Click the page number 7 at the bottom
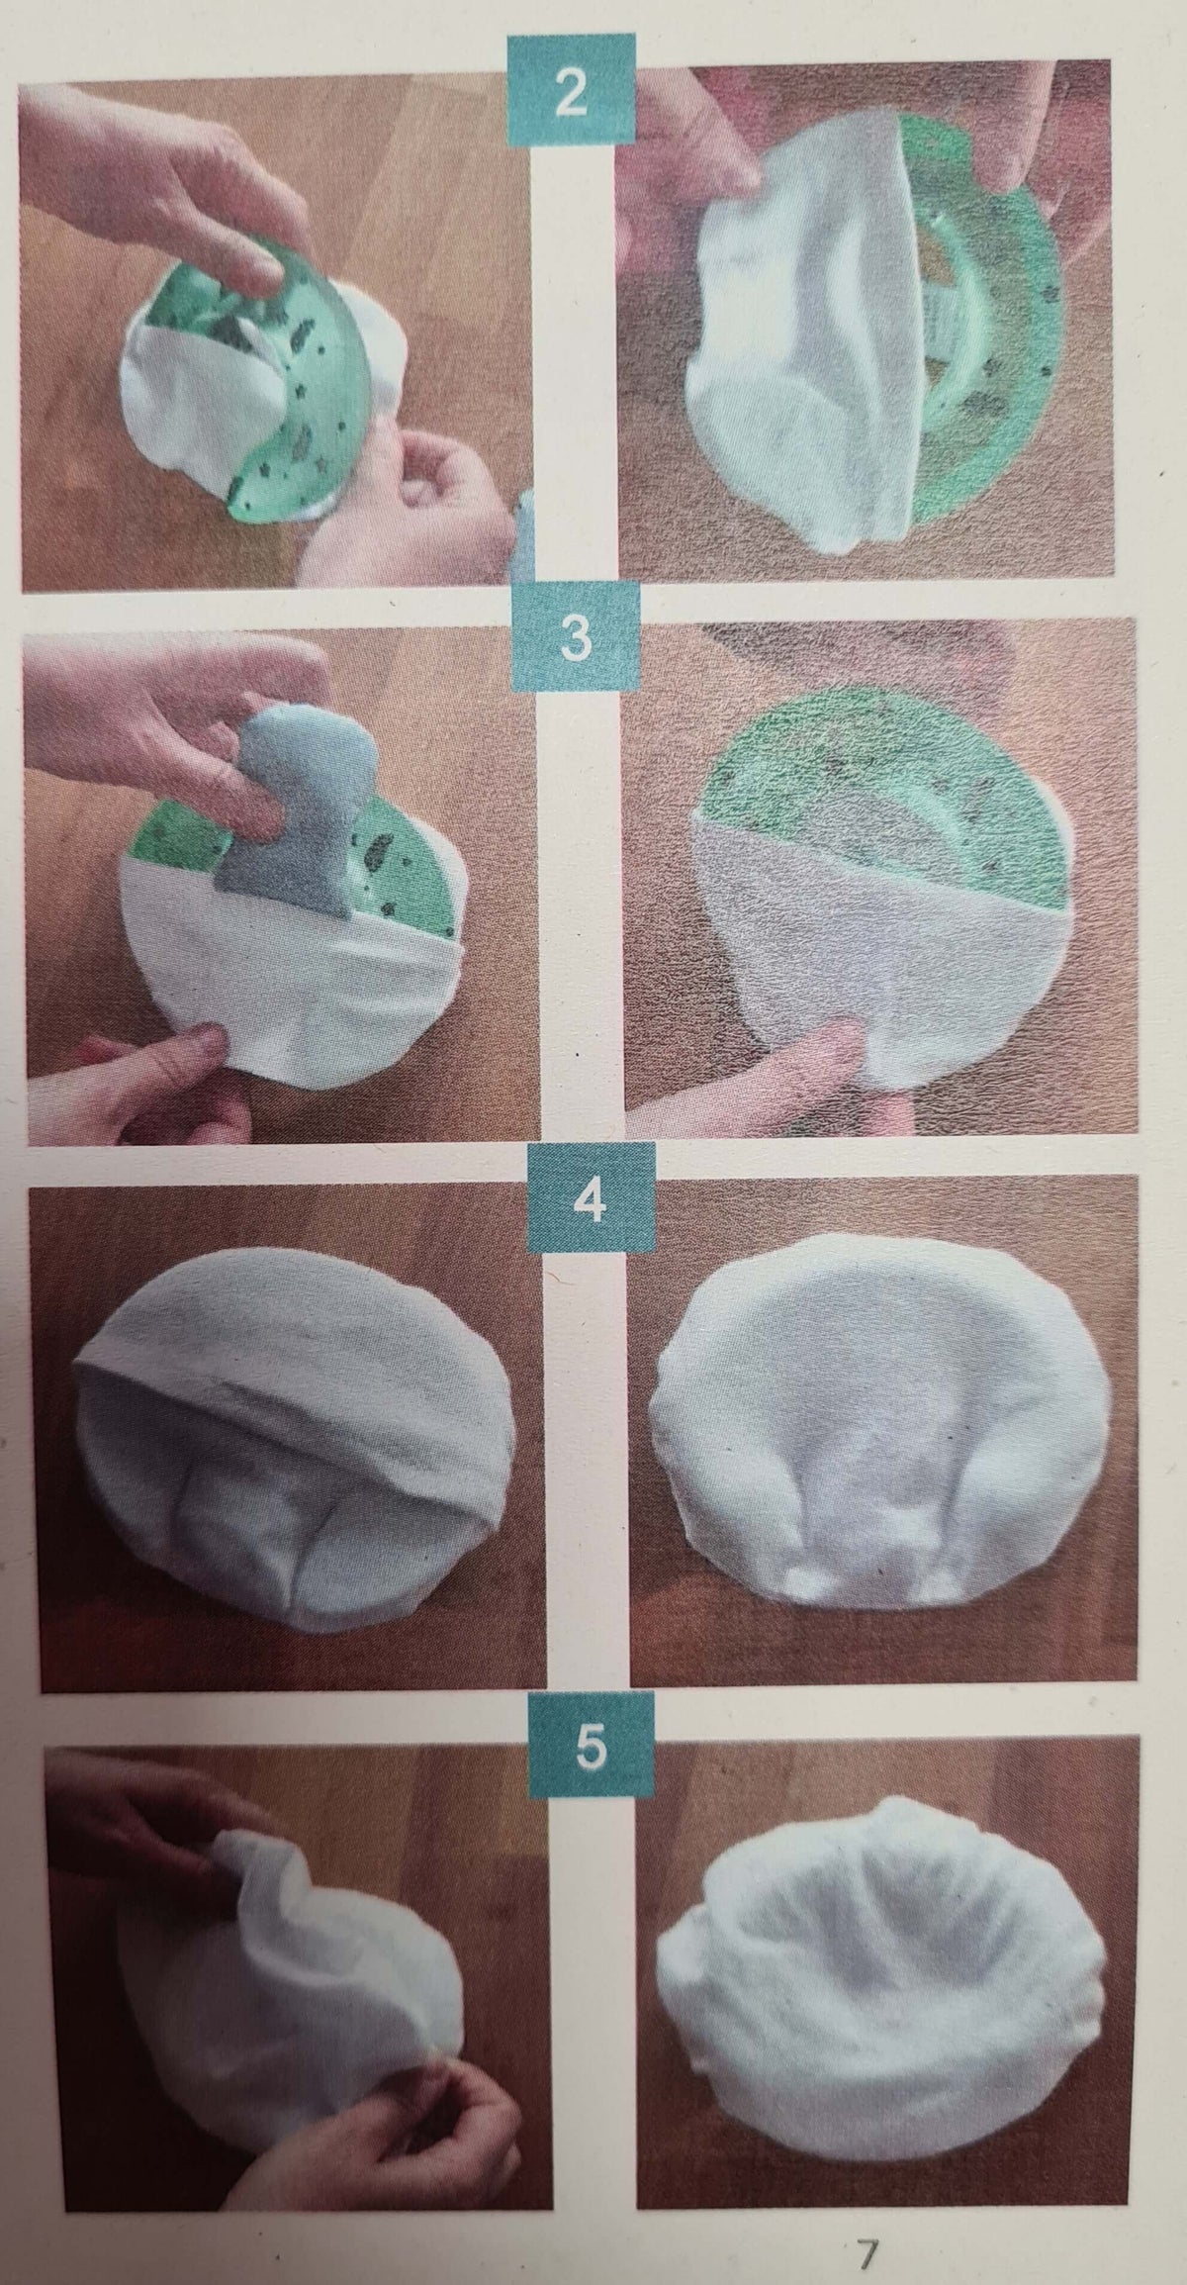click(x=867, y=2227)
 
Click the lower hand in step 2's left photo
click(x=415, y=505)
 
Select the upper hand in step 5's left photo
click(x=148, y=1831)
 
